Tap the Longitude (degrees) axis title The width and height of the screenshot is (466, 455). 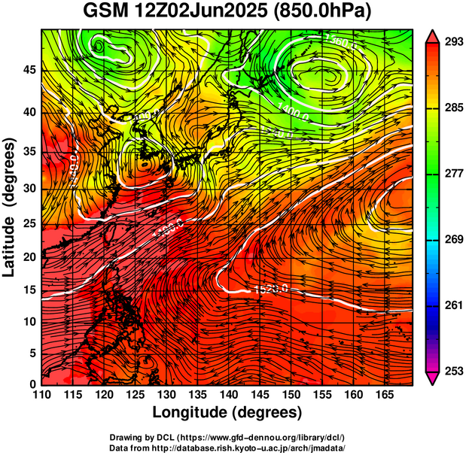pyautogui.click(x=227, y=412)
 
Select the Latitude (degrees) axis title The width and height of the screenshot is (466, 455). pyautogui.click(x=11, y=207)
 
